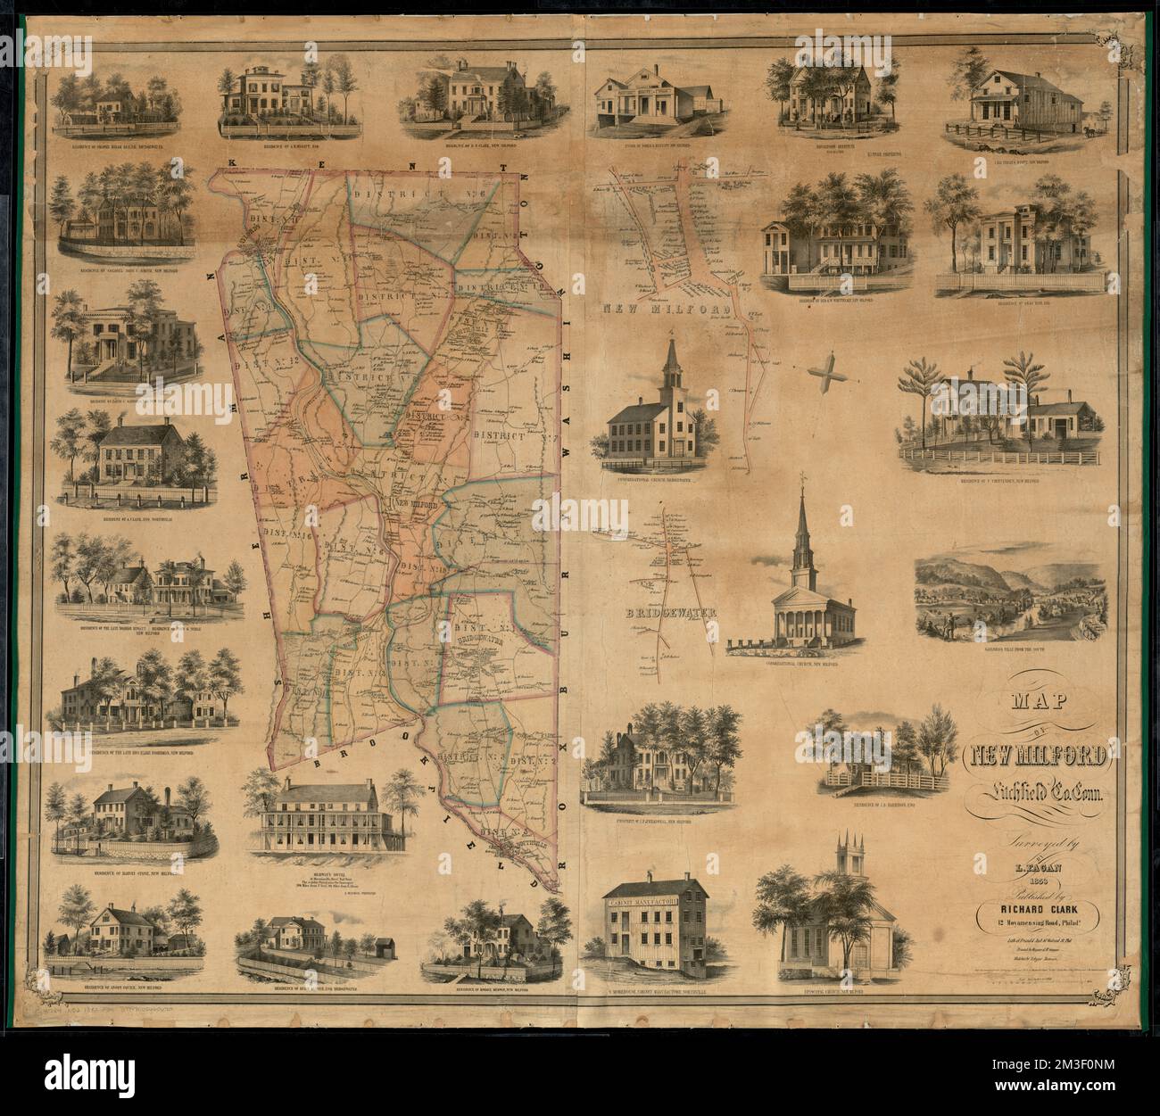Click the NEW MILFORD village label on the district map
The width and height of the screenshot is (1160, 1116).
(x=418, y=504)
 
